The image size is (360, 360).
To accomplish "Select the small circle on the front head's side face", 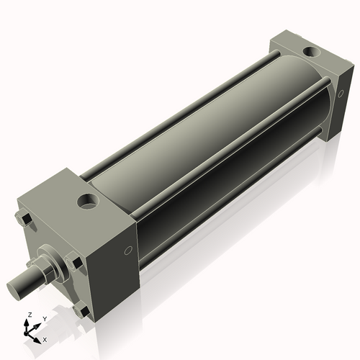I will click(128, 251).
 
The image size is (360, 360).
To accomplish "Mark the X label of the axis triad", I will click(45, 338).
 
